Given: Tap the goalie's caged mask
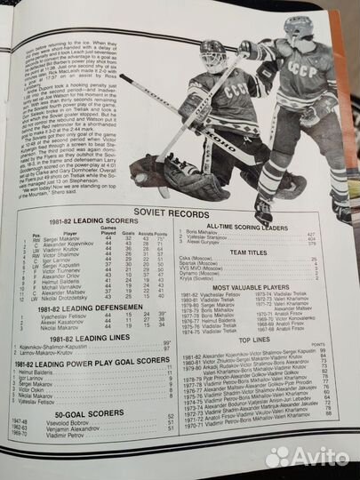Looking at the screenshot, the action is click(x=212, y=56).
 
